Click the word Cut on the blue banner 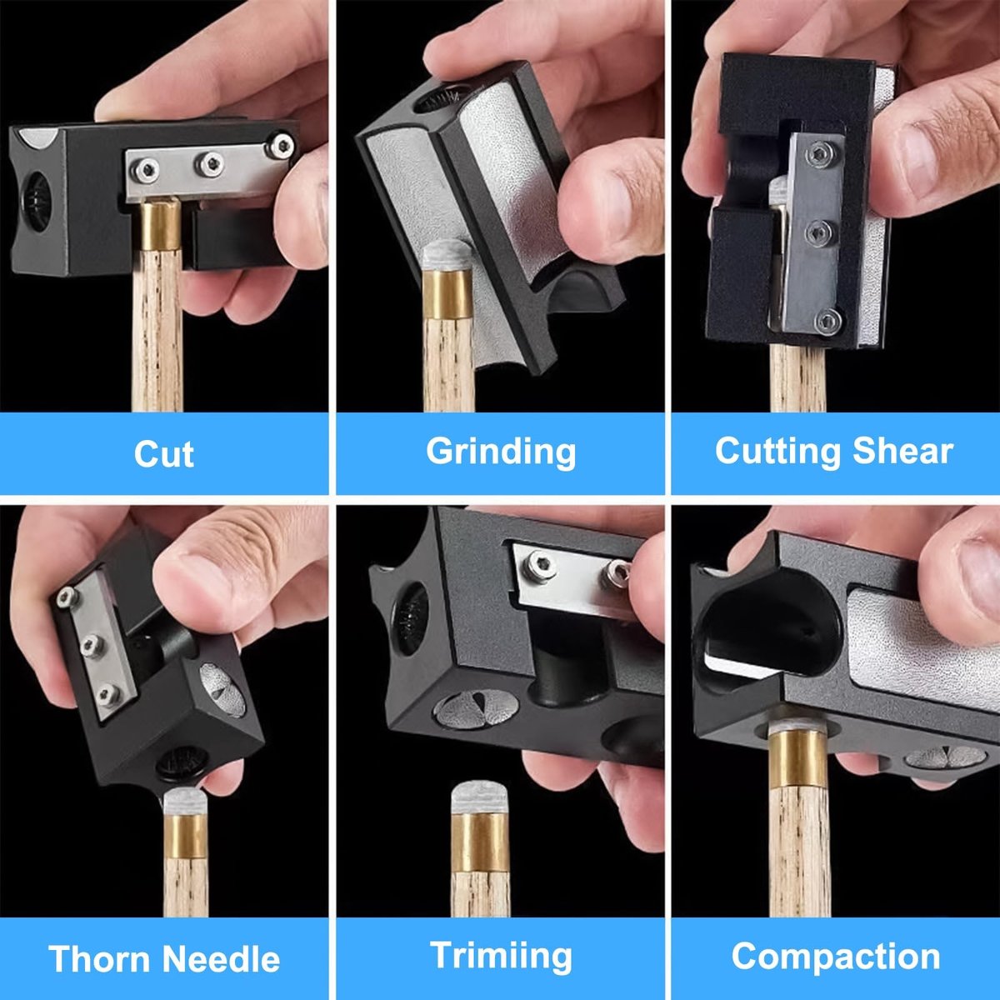(x=164, y=454)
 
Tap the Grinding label (x=501, y=452)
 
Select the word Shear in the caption (x=902, y=451)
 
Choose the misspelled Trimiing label (x=501, y=955)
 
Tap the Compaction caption (x=836, y=957)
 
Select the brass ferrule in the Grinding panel (x=447, y=294)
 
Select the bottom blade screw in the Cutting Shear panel (x=827, y=321)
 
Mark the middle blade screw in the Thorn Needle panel (x=92, y=645)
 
